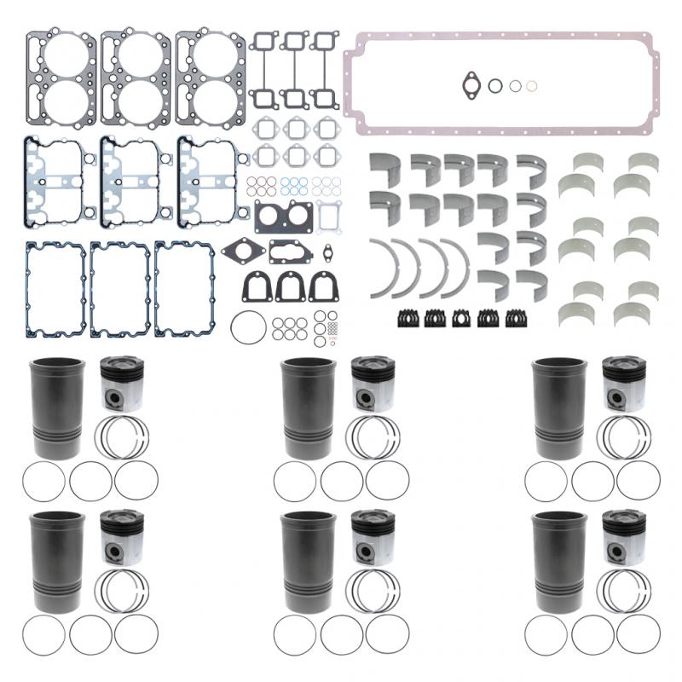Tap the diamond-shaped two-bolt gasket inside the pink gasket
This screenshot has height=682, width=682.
click(x=472, y=84)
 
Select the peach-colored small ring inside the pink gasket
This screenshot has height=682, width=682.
click(x=532, y=85)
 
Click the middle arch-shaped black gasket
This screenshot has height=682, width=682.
click(x=291, y=287)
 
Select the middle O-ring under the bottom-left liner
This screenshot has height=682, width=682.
click(x=90, y=636)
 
